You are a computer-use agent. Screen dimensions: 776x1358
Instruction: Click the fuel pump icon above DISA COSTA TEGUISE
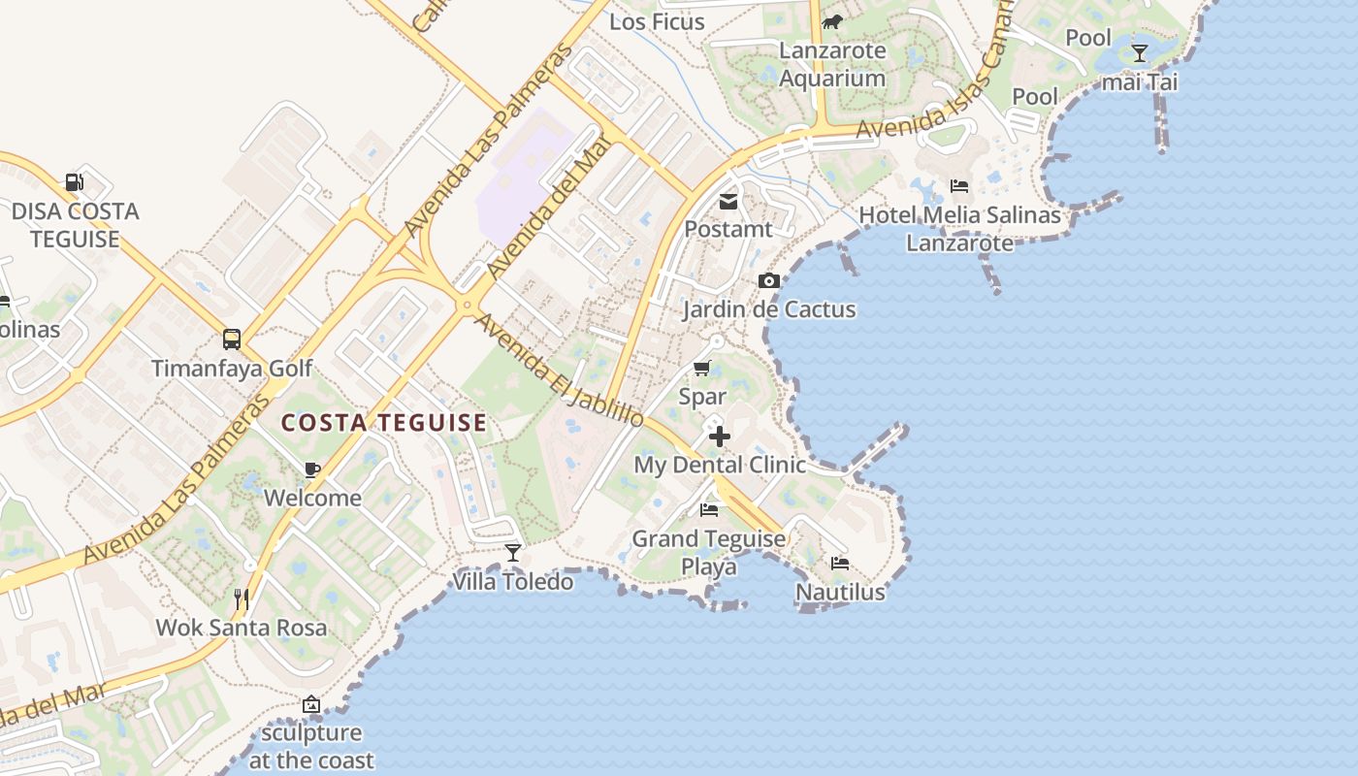[74, 181]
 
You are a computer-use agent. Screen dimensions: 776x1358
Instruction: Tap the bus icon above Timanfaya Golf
[232, 339]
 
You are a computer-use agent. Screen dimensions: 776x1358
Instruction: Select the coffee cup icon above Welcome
[311, 469]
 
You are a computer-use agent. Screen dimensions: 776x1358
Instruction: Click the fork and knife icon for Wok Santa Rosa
[242, 598]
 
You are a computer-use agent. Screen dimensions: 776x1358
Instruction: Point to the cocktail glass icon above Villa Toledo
[513, 552]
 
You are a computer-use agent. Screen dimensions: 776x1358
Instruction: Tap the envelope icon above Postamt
[727, 202]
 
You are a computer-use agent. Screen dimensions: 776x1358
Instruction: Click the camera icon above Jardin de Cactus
[769, 280]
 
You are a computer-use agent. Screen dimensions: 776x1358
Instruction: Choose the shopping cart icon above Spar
[702, 368]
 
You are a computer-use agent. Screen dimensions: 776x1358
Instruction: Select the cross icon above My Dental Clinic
[719, 436]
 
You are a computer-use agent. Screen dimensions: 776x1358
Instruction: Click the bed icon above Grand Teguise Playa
[709, 509]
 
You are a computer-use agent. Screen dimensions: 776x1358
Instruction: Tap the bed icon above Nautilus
[840, 563]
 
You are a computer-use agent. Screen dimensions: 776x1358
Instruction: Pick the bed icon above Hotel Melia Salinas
[959, 185]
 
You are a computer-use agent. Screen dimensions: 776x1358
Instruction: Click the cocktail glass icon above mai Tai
[1140, 52]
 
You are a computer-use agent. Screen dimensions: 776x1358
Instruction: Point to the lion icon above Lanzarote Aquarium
[832, 21]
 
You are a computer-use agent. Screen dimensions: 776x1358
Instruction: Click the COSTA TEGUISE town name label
[384, 423]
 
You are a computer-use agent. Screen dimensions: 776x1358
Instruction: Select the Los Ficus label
[658, 21]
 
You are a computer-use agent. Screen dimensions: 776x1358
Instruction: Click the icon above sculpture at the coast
[311, 704]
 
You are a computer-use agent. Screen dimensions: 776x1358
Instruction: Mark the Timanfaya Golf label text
[232, 369]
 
